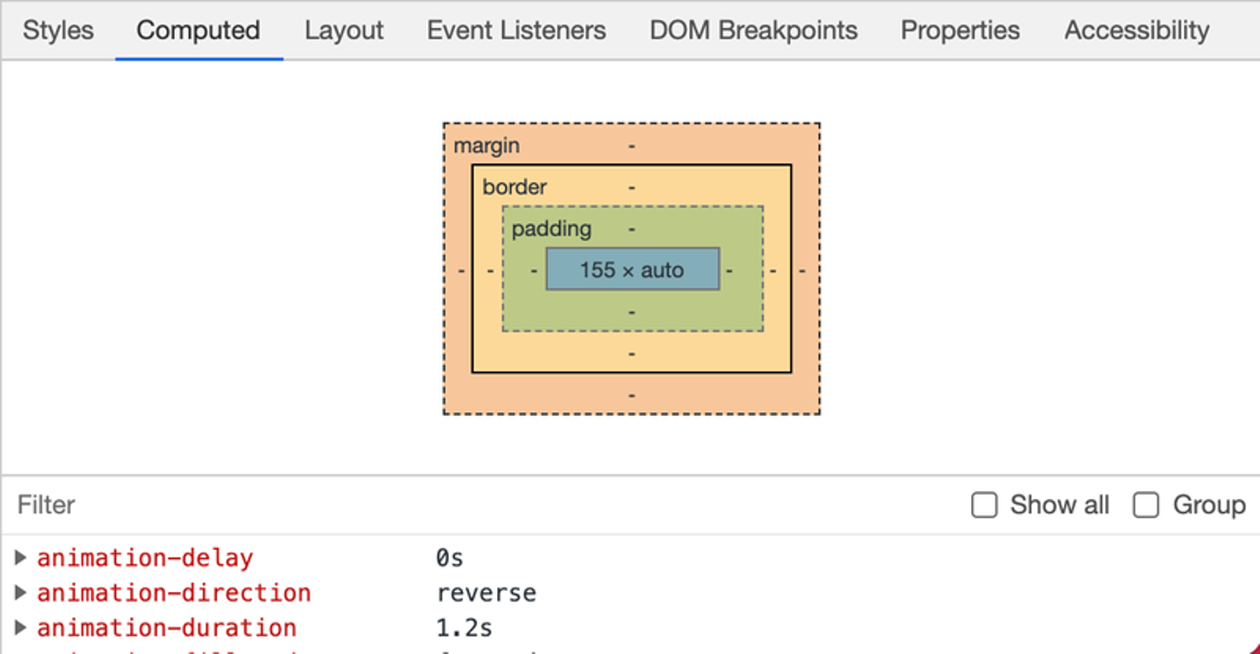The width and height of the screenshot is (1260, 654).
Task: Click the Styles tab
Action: tap(58, 31)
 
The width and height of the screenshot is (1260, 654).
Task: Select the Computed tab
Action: tap(198, 31)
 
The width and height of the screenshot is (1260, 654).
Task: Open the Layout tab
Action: tap(344, 31)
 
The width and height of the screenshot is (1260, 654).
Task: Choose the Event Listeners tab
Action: tap(516, 31)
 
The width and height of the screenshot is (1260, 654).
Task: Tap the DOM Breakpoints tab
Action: tap(753, 31)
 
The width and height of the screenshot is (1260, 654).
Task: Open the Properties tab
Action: tap(960, 31)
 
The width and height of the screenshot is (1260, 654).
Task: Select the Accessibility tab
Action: tap(1137, 31)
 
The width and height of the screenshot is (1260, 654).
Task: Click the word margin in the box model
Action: tap(486, 145)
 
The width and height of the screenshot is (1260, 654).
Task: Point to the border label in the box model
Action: tap(514, 186)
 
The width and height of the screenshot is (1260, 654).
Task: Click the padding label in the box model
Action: tap(551, 229)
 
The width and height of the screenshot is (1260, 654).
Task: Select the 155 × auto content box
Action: tap(632, 270)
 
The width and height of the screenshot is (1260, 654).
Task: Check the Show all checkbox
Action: tap(984, 505)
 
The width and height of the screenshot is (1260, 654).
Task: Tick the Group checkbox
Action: tap(1146, 505)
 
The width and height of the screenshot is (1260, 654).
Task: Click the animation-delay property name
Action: tap(144, 558)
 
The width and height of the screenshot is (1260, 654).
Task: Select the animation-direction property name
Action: tap(173, 593)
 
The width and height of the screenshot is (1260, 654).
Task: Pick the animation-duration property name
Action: tap(166, 628)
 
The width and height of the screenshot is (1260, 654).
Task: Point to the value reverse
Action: tap(486, 593)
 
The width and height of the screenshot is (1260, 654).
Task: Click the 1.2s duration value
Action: tap(464, 628)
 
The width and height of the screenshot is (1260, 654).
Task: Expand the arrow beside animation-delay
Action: tap(21, 558)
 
